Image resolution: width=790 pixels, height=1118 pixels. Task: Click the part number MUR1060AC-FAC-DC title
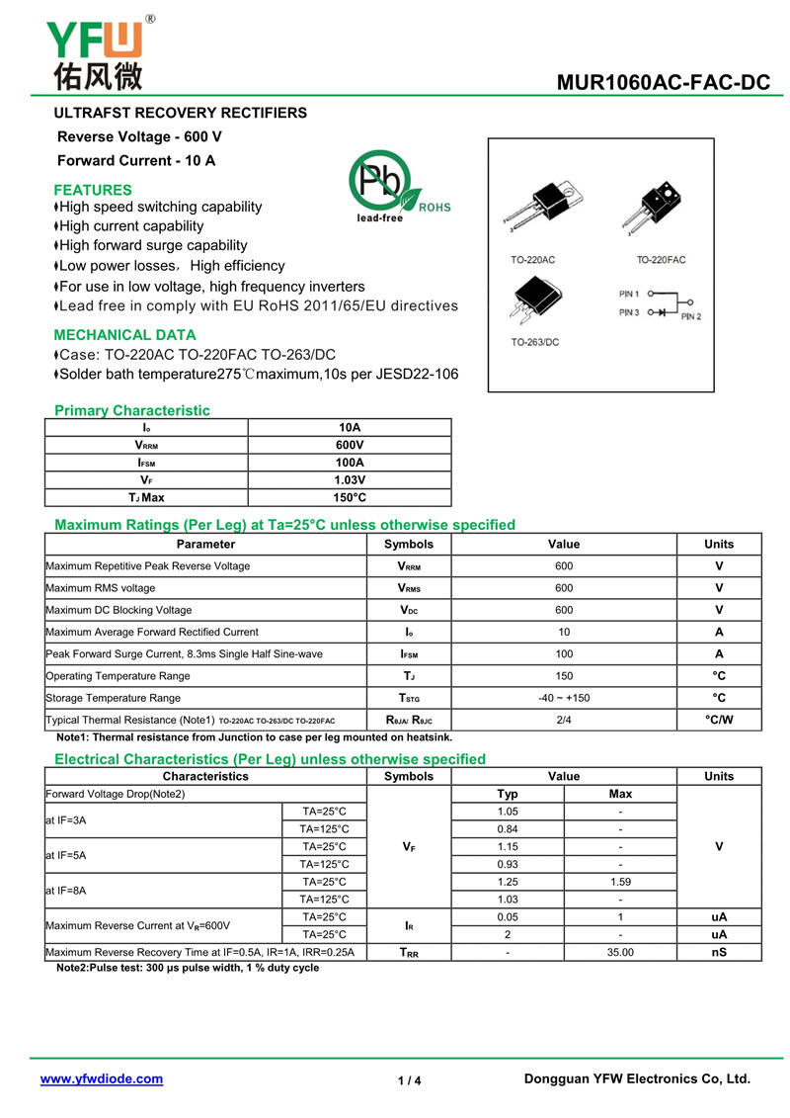click(663, 83)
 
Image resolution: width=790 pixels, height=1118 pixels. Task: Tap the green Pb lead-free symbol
click(380, 182)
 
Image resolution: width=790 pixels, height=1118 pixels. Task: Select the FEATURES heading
click(93, 190)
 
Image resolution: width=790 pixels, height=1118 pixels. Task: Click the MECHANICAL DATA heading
click(124, 335)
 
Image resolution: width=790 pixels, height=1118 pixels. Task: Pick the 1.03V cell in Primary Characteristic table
click(350, 480)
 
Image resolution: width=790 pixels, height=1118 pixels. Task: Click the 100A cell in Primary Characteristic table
click(350, 463)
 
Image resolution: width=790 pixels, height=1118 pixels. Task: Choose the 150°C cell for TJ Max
click(350, 498)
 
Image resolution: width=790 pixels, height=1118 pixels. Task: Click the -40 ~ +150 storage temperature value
click(564, 698)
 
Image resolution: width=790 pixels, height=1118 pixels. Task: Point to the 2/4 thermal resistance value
click(564, 720)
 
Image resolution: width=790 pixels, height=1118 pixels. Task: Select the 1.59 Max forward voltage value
click(620, 882)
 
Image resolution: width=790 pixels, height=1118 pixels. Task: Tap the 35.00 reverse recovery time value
click(620, 953)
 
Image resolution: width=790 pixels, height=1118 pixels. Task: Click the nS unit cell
click(719, 953)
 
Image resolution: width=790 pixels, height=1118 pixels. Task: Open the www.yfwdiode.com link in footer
click(102, 1079)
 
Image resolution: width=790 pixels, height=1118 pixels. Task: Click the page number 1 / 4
click(409, 1081)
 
